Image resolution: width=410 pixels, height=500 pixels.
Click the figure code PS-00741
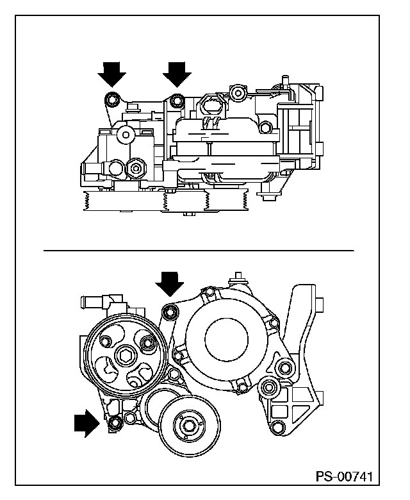click(344, 476)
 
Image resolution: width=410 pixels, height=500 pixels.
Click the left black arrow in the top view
click(111, 74)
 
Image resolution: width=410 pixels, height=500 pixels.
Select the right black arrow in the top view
click(177, 74)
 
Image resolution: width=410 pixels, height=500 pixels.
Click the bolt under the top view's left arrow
click(111, 100)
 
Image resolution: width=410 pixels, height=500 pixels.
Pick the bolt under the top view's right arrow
click(177, 101)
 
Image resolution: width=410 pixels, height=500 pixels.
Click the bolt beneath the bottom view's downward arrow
click(170, 312)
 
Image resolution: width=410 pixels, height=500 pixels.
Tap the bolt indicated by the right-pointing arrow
click(115, 423)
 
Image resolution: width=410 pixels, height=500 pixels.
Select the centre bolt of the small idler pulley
click(188, 425)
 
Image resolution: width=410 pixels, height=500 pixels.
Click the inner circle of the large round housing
click(226, 340)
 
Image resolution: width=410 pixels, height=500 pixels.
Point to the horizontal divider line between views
click(199, 251)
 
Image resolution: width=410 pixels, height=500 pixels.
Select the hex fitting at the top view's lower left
click(136, 168)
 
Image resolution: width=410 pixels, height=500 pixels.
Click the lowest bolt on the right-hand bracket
click(278, 426)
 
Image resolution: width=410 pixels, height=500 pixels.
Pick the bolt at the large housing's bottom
click(242, 387)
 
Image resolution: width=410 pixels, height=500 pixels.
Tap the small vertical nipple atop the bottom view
click(238, 278)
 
